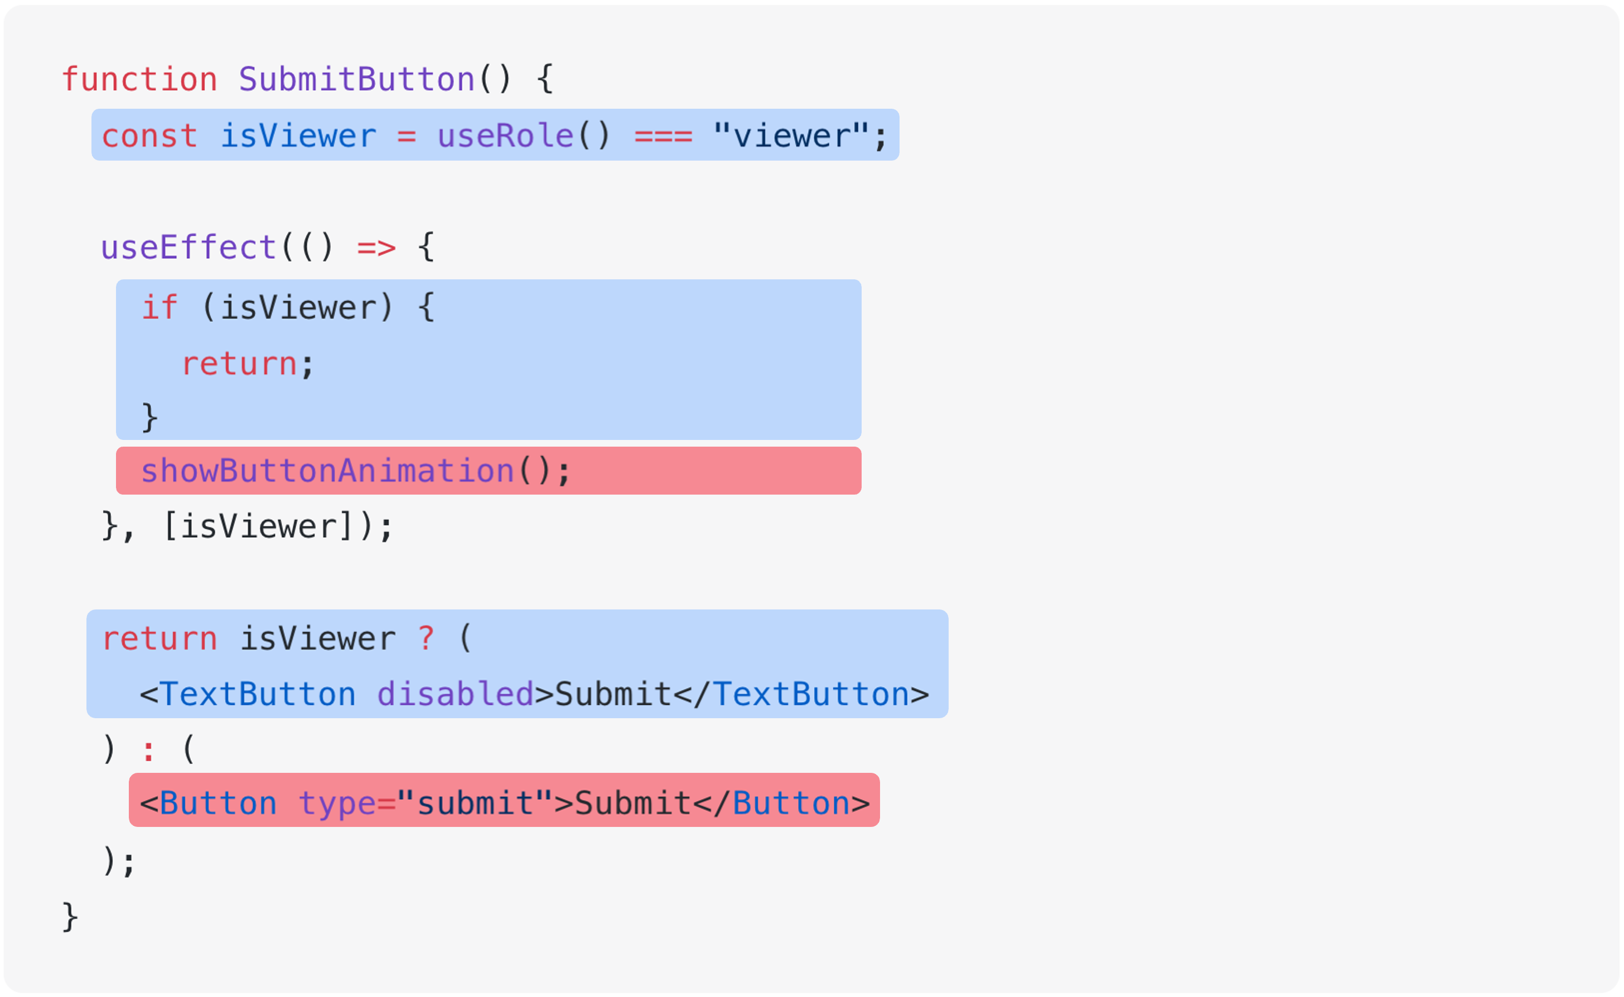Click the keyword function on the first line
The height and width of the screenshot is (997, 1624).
(139, 80)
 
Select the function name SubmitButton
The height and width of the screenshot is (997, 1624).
(356, 80)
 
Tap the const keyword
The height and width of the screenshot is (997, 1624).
(149, 137)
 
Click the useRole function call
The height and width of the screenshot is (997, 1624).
(505, 137)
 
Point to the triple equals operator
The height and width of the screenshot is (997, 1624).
(663, 137)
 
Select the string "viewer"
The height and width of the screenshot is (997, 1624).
(791, 137)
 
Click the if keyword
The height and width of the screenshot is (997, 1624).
(159, 308)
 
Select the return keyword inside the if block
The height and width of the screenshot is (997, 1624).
(239, 364)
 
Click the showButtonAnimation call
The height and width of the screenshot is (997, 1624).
(328, 471)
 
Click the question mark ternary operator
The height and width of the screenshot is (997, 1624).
(426, 638)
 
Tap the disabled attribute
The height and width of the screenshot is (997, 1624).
(455, 694)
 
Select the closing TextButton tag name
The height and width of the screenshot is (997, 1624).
(811, 694)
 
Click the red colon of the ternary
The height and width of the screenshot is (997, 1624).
(148, 751)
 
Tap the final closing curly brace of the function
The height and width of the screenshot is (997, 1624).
(70, 917)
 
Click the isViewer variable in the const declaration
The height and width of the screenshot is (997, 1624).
(298, 137)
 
